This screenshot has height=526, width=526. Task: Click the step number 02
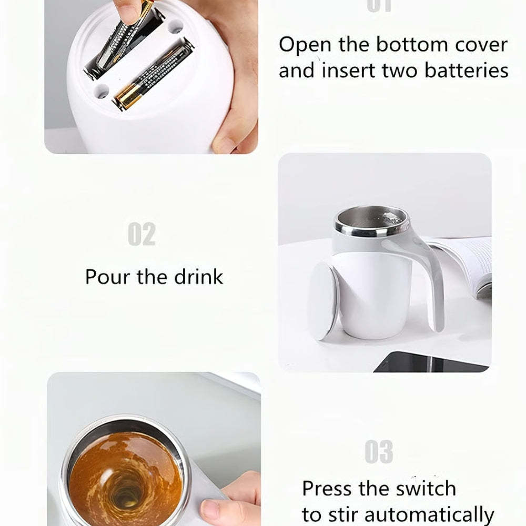tap(141, 235)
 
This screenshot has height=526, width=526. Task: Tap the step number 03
tap(379, 453)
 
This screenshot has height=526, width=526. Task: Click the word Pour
tap(108, 277)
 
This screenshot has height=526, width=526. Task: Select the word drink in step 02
tap(196, 277)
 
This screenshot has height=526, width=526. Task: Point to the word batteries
tap(467, 70)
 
